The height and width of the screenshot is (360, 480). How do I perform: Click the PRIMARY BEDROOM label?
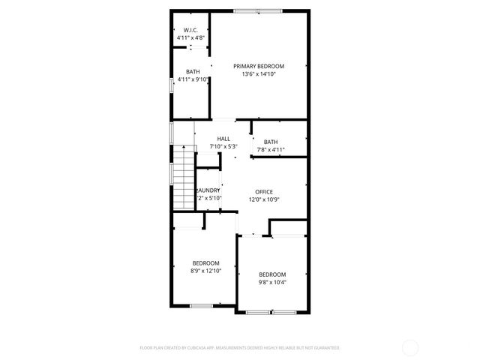pyautogui.click(x=259, y=66)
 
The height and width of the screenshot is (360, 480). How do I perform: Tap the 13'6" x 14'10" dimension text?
pyautogui.click(x=259, y=74)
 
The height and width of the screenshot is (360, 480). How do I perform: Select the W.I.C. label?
pyautogui.click(x=190, y=30)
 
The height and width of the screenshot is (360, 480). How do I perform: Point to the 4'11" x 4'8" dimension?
pyautogui.click(x=190, y=37)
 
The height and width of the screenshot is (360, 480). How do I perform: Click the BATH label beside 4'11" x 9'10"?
pyautogui.click(x=193, y=71)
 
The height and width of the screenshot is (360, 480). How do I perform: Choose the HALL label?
pyautogui.click(x=223, y=139)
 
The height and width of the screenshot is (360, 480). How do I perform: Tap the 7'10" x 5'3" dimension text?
pyautogui.click(x=223, y=146)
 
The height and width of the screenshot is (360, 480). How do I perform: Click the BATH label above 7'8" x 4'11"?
pyautogui.click(x=271, y=142)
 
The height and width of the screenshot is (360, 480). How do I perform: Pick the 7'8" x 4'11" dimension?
pyautogui.click(x=271, y=150)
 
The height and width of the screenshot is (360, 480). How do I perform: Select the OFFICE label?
pyautogui.click(x=264, y=191)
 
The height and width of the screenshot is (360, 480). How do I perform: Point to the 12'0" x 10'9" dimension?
pyautogui.click(x=264, y=199)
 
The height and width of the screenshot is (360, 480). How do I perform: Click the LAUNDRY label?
pyautogui.click(x=208, y=190)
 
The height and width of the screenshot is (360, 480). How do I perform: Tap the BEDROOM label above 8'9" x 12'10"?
pyautogui.click(x=205, y=262)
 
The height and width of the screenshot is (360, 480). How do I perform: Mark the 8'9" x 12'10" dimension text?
pyautogui.click(x=205, y=271)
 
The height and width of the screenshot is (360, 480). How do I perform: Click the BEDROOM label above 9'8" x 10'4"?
pyautogui.click(x=272, y=274)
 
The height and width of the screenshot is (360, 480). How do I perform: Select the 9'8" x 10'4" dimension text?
pyautogui.click(x=272, y=282)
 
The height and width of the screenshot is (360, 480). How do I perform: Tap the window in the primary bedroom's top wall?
pyautogui.click(x=257, y=10)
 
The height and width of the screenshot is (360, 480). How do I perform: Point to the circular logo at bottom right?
pyautogui.click(x=410, y=348)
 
